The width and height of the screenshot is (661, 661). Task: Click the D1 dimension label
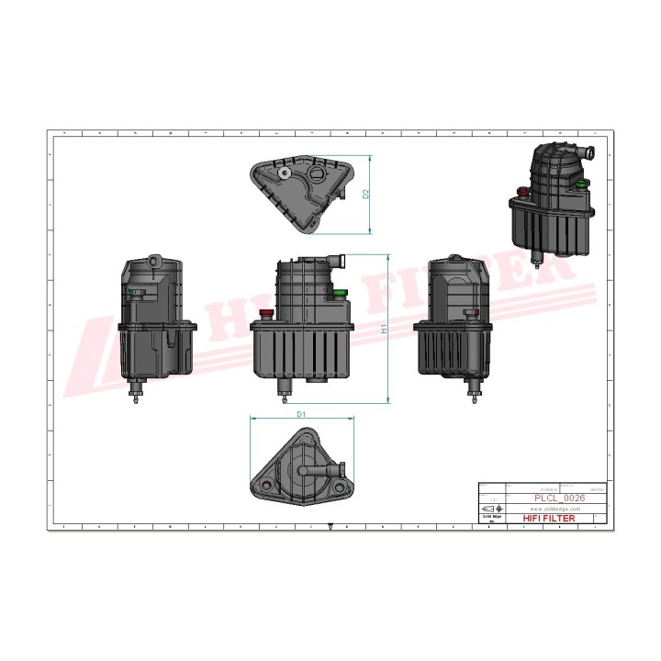pyautogui.click(x=301, y=415)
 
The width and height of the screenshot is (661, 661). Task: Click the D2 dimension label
pyautogui.click(x=365, y=195)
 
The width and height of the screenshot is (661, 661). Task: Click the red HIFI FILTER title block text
pyautogui.click(x=548, y=519)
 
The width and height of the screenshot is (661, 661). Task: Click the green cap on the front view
pyautogui.click(x=340, y=293)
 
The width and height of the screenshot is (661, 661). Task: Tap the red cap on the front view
pyautogui.click(x=267, y=313)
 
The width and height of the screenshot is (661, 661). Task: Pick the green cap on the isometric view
pyautogui.click(x=581, y=181)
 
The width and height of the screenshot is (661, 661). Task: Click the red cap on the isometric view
pyautogui.click(x=523, y=191)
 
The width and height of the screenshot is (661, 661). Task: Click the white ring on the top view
pyautogui.click(x=285, y=172)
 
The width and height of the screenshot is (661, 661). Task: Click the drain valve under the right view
pyautogui.click(x=475, y=392)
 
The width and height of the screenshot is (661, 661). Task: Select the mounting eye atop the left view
pyautogui.click(x=151, y=261)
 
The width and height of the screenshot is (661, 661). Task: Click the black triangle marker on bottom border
pyautogui.click(x=330, y=527)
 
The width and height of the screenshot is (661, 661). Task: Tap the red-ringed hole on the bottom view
pyautogui.click(x=267, y=483)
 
